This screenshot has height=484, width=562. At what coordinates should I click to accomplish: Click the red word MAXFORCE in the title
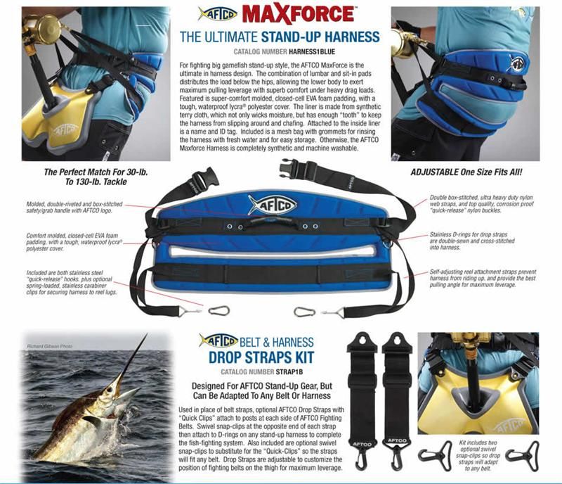[x=298, y=14]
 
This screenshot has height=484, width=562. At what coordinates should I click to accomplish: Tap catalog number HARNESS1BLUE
[x=312, y=51]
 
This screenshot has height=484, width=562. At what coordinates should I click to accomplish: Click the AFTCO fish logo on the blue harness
[x=273, y=205]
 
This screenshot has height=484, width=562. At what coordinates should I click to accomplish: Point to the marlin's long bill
[x=133, y=359]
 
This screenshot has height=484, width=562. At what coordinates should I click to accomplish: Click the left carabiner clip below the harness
[x=219, y=310]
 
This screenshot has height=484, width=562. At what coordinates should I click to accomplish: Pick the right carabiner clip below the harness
[x=304, y=312]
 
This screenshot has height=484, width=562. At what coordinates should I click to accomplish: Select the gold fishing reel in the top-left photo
[x=42, y=29]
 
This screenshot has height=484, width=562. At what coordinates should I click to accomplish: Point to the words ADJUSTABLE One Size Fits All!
[x=466, y=172]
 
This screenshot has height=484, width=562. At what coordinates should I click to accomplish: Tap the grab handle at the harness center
[x=273, y=222]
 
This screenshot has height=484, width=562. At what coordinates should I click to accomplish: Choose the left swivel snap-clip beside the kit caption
[x=434, y=455]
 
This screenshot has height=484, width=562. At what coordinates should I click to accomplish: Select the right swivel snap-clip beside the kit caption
[x=522, y=455]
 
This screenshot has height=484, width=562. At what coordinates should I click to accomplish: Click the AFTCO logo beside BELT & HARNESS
[x=218, y=340]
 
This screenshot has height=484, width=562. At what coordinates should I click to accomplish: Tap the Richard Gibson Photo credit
[x=50, y=346]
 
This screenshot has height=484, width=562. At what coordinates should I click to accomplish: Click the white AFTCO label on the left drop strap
[x=362, y=444]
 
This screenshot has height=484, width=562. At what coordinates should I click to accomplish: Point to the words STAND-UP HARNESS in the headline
[x=320, y=37]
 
